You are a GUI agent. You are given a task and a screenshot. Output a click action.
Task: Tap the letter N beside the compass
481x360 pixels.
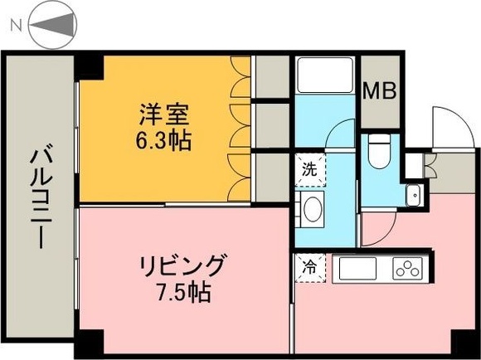14,27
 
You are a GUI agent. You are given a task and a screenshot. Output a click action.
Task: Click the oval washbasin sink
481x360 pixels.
313,209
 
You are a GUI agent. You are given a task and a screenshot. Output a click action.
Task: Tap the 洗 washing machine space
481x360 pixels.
309,172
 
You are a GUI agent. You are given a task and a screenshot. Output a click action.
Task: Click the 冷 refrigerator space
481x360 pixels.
308,268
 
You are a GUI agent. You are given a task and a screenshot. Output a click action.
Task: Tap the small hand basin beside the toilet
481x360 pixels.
413,195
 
